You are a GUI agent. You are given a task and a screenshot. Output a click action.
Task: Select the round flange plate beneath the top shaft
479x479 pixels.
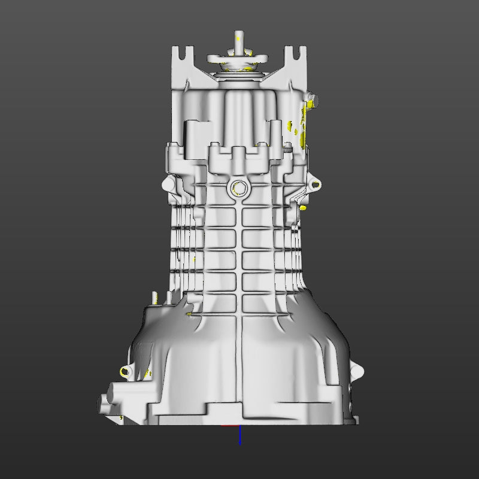239,59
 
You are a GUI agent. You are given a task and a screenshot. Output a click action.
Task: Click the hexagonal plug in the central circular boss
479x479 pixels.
238,188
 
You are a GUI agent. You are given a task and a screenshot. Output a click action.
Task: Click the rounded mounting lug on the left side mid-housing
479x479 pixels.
166,183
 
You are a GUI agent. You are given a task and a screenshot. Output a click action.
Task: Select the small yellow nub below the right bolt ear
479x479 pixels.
304,207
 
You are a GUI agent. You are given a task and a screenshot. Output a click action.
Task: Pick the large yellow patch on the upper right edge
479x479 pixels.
307,120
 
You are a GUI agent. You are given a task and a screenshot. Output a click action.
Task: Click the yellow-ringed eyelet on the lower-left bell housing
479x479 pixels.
125,371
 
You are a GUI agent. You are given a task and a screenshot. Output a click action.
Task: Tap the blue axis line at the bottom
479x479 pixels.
240,435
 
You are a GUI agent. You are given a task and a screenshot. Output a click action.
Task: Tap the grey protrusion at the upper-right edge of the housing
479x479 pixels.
312,99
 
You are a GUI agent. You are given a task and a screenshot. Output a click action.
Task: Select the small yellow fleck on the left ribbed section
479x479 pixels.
194,259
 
